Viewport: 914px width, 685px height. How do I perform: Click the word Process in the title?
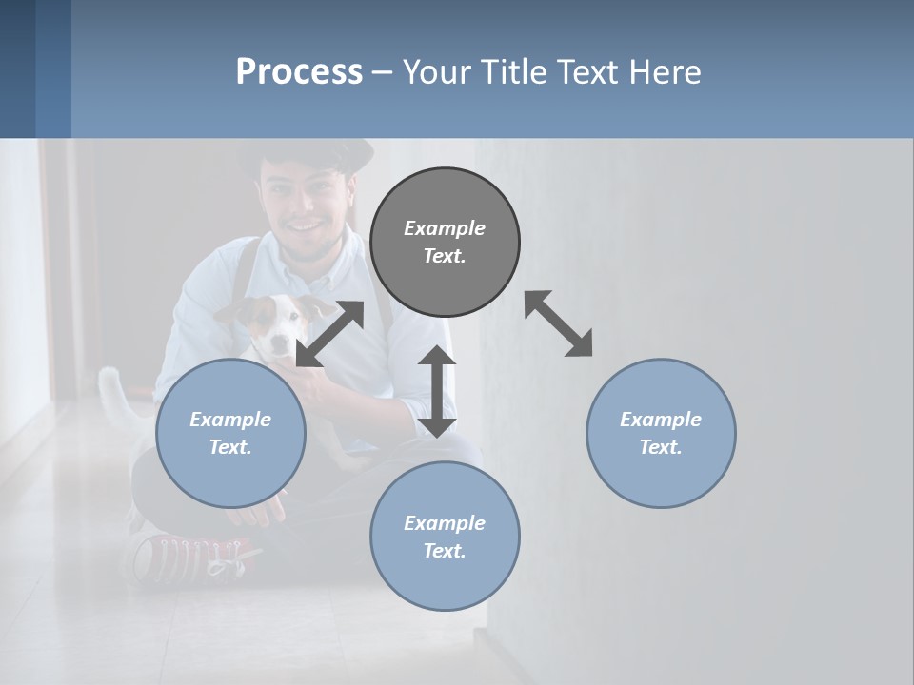coord(299,72)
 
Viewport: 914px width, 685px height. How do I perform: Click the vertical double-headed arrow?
coord(437,391)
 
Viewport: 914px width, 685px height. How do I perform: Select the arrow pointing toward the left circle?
coord(329,334)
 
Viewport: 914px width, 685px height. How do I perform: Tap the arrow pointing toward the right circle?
coord(559,323)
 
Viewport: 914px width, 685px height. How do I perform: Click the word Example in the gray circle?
coord(445,228)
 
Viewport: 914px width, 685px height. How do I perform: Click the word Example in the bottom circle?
coord(445,523)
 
